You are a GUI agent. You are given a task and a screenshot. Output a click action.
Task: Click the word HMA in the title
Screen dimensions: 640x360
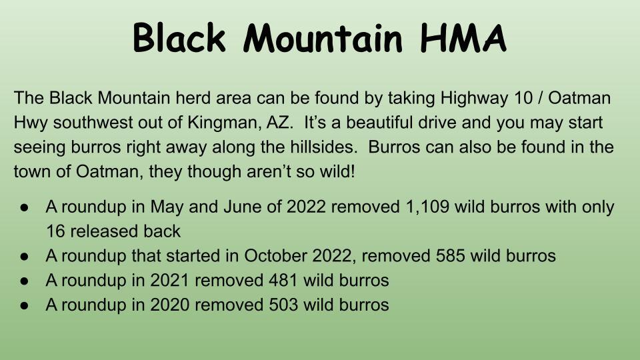pyautogui.click(x=463, y=37)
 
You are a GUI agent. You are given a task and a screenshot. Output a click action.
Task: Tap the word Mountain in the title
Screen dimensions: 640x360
pyautogui.click(x=323, y=37)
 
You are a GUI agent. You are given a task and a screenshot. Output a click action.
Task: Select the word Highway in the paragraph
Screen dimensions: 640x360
pyautogui.click(x=474, y=99)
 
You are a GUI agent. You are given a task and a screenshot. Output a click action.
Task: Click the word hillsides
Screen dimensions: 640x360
pyautogui.click(x=324, y=147)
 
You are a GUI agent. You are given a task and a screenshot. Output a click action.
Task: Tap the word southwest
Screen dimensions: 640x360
pyautogui.click(x=93, y=123)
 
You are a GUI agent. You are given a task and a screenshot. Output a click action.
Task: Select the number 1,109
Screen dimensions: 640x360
pyautogui.click(x=427, y=207)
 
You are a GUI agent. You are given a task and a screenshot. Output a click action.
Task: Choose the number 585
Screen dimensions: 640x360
pyautogui.click(x=450, y=256)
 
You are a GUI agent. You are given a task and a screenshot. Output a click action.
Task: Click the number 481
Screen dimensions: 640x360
pyautogui.click(x=283, y=281)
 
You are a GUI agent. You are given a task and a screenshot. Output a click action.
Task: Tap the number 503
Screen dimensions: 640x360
pyautogui.click(x=283, y=305)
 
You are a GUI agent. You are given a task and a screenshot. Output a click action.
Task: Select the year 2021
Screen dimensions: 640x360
pyautogui.click(x=169, y=281)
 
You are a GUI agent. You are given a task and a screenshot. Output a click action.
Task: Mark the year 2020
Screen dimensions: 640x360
pyautogui.click(x=170, y=305)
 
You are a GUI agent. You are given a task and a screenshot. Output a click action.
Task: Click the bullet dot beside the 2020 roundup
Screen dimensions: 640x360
pyautogui.click(x=24, y=306)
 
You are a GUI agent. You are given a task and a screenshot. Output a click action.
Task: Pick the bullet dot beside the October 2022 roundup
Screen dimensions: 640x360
pyautogui.click(x=24, y=257)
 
